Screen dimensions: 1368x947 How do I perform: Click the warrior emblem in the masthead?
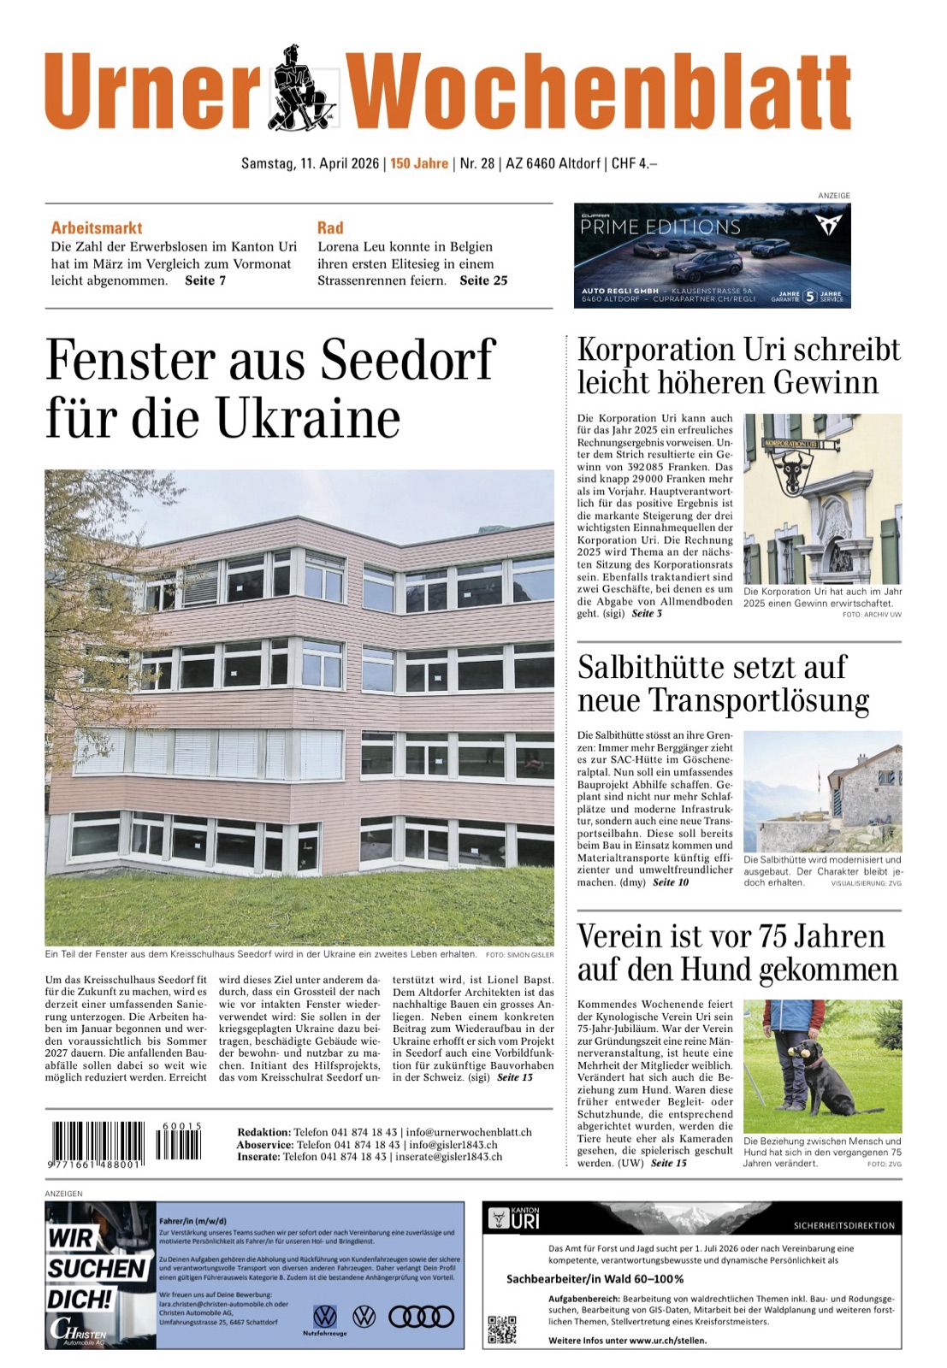(304, 89)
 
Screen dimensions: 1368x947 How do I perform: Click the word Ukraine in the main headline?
(308, 419)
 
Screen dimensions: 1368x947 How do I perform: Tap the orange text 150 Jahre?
(419, 163)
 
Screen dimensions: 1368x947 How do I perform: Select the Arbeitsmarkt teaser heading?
(97, 227)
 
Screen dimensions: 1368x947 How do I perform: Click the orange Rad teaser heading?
(330, 227)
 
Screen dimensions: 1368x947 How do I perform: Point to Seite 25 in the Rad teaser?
(483, 280)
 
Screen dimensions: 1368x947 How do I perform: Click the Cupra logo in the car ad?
(828, 224)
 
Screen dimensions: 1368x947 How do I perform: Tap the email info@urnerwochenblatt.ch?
(469, 1132)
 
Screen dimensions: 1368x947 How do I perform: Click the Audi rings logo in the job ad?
(421, 1318)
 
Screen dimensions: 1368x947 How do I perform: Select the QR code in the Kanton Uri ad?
(502, 1330)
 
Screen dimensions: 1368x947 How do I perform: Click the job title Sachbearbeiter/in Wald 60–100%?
(595, 1279)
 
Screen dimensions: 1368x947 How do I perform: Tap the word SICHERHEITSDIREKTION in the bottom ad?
(843, 1225)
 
